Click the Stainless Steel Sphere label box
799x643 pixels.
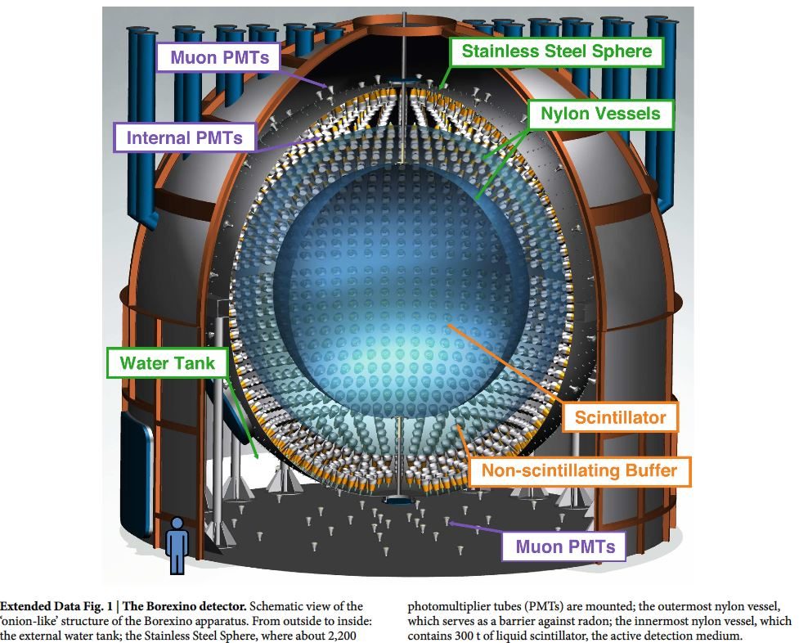[557, 52]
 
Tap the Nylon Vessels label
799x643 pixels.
[600, 114]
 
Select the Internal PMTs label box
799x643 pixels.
[185, 137]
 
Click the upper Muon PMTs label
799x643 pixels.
[219, 57]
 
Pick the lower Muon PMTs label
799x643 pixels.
[564, 546]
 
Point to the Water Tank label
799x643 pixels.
[167, 363]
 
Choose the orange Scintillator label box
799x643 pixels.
[620, 417]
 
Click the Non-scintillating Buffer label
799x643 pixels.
[579, 470]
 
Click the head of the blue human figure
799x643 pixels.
[177, 524]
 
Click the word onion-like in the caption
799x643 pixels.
[28, 621]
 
